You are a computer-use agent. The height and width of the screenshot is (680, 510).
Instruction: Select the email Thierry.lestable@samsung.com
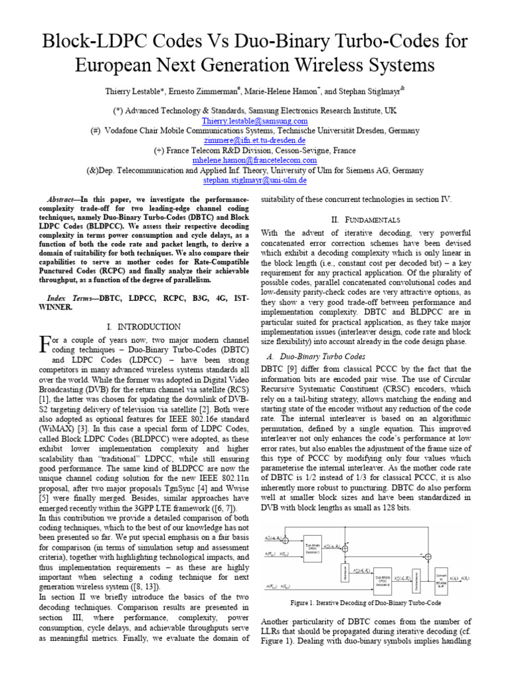coord(255,121)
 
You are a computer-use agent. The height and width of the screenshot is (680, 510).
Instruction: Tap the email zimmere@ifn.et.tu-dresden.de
coord(255,141)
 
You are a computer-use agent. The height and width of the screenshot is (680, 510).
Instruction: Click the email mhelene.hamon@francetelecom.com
coord(255,160)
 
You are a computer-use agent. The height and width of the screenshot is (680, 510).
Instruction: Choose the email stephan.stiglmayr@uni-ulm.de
coord(255,180)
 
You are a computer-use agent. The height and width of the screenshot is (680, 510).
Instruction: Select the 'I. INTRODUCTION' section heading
coord(143,327)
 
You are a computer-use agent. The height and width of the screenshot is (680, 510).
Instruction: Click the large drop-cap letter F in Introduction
coord(44,343)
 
